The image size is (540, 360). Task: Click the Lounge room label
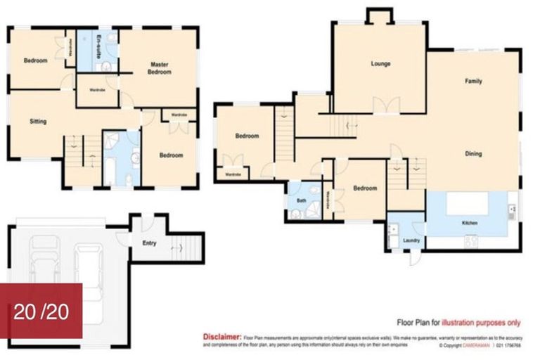point(380,64)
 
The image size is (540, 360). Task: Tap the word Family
point(473,82)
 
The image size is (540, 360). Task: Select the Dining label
point(473,153)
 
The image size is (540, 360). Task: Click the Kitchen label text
point(470,223)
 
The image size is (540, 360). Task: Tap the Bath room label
point(302,200)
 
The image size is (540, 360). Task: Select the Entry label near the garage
point(149,244)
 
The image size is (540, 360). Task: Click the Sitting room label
point(38,122)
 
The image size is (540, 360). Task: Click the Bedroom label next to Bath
point(365,188)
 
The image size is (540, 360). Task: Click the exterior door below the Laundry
point(415,259)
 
